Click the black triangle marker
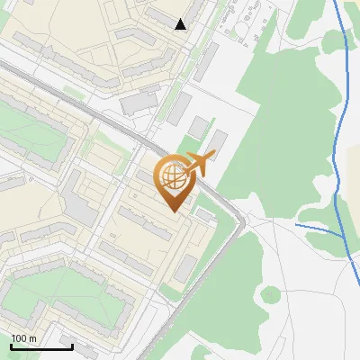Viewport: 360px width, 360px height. coord(180,24)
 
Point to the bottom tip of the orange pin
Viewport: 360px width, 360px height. coord(175,211)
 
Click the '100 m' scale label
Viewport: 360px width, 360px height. coord(24,338)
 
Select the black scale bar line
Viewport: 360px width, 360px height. coord(41,346)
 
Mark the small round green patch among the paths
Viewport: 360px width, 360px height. coord(270,293)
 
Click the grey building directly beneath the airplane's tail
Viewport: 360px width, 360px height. coord(220,142)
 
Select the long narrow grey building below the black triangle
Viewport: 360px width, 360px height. coord(206,61)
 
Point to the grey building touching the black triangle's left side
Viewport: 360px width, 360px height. coord(162,18)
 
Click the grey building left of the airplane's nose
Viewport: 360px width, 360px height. coord(179,109)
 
